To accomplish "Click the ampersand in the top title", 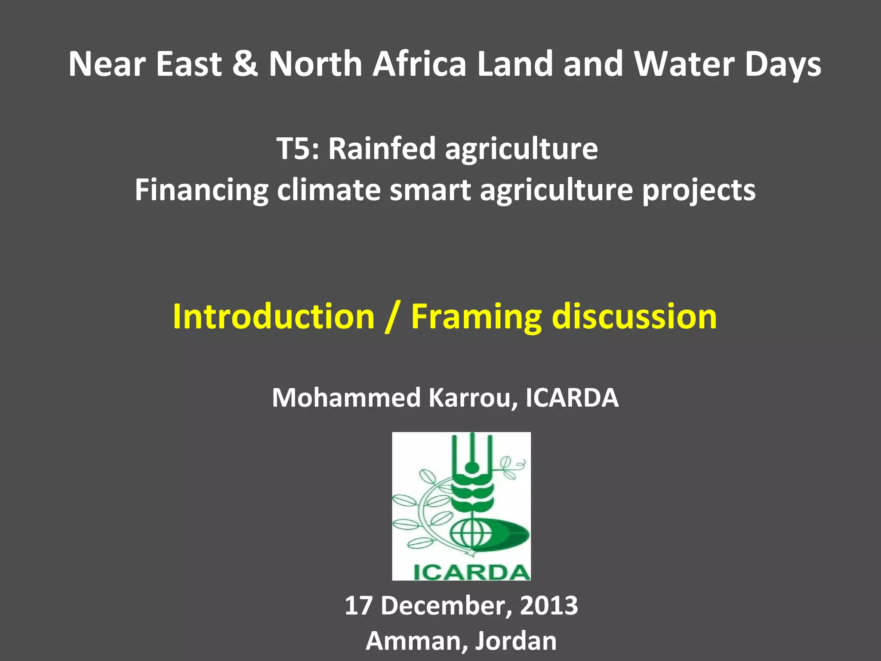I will coord(245,64).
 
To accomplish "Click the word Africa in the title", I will coord(419,64).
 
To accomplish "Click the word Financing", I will coord(201,190).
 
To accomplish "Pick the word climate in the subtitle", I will coord(329,190).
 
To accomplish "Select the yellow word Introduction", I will coord(274,317).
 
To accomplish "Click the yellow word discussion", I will coord(634,317).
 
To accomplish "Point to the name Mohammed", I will coord(346,398).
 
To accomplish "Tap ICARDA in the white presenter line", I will coord(572,398).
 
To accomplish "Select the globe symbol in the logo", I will coord(471,534).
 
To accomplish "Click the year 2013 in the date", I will coord(549,605).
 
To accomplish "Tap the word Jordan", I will coord(516,641).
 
